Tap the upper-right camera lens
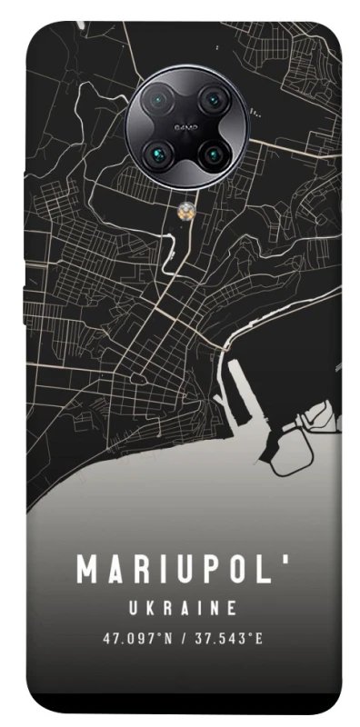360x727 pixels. coord(211,98)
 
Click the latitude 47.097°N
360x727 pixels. coord(137,639)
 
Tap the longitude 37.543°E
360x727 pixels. coord(231,639)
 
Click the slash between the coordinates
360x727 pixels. coord(185,639)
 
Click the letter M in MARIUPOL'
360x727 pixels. coord(88,571)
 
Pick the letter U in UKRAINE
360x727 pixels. coord(133,607)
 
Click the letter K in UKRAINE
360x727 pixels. coord(151,607)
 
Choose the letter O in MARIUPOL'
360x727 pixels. coord(241,571)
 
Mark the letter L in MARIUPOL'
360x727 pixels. coord(267,571)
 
